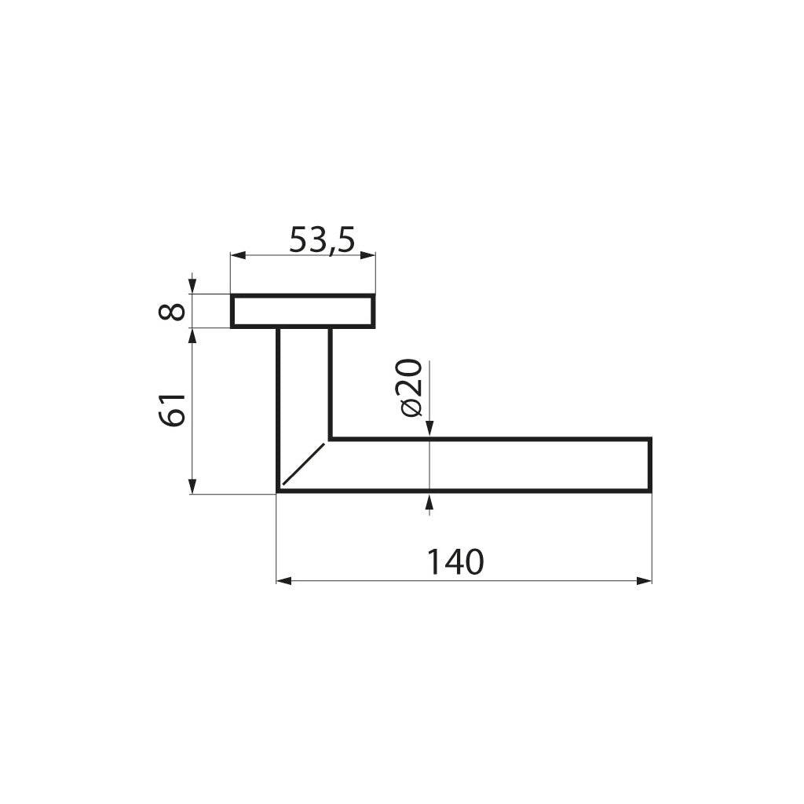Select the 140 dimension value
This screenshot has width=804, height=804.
[455, 562]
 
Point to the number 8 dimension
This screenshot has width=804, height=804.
[173, 311]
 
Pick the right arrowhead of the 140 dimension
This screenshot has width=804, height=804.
[645, 581]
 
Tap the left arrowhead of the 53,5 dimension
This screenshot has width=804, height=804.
[237, 255]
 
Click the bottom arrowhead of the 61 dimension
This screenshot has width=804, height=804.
[192, 488]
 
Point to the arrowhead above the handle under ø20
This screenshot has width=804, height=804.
[429, 428]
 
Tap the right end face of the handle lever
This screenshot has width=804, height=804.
[650, 465]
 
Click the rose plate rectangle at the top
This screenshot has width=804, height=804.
[302, 311]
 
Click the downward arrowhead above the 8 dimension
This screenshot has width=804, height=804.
[192, 287]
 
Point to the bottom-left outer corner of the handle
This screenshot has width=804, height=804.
[279, 492]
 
